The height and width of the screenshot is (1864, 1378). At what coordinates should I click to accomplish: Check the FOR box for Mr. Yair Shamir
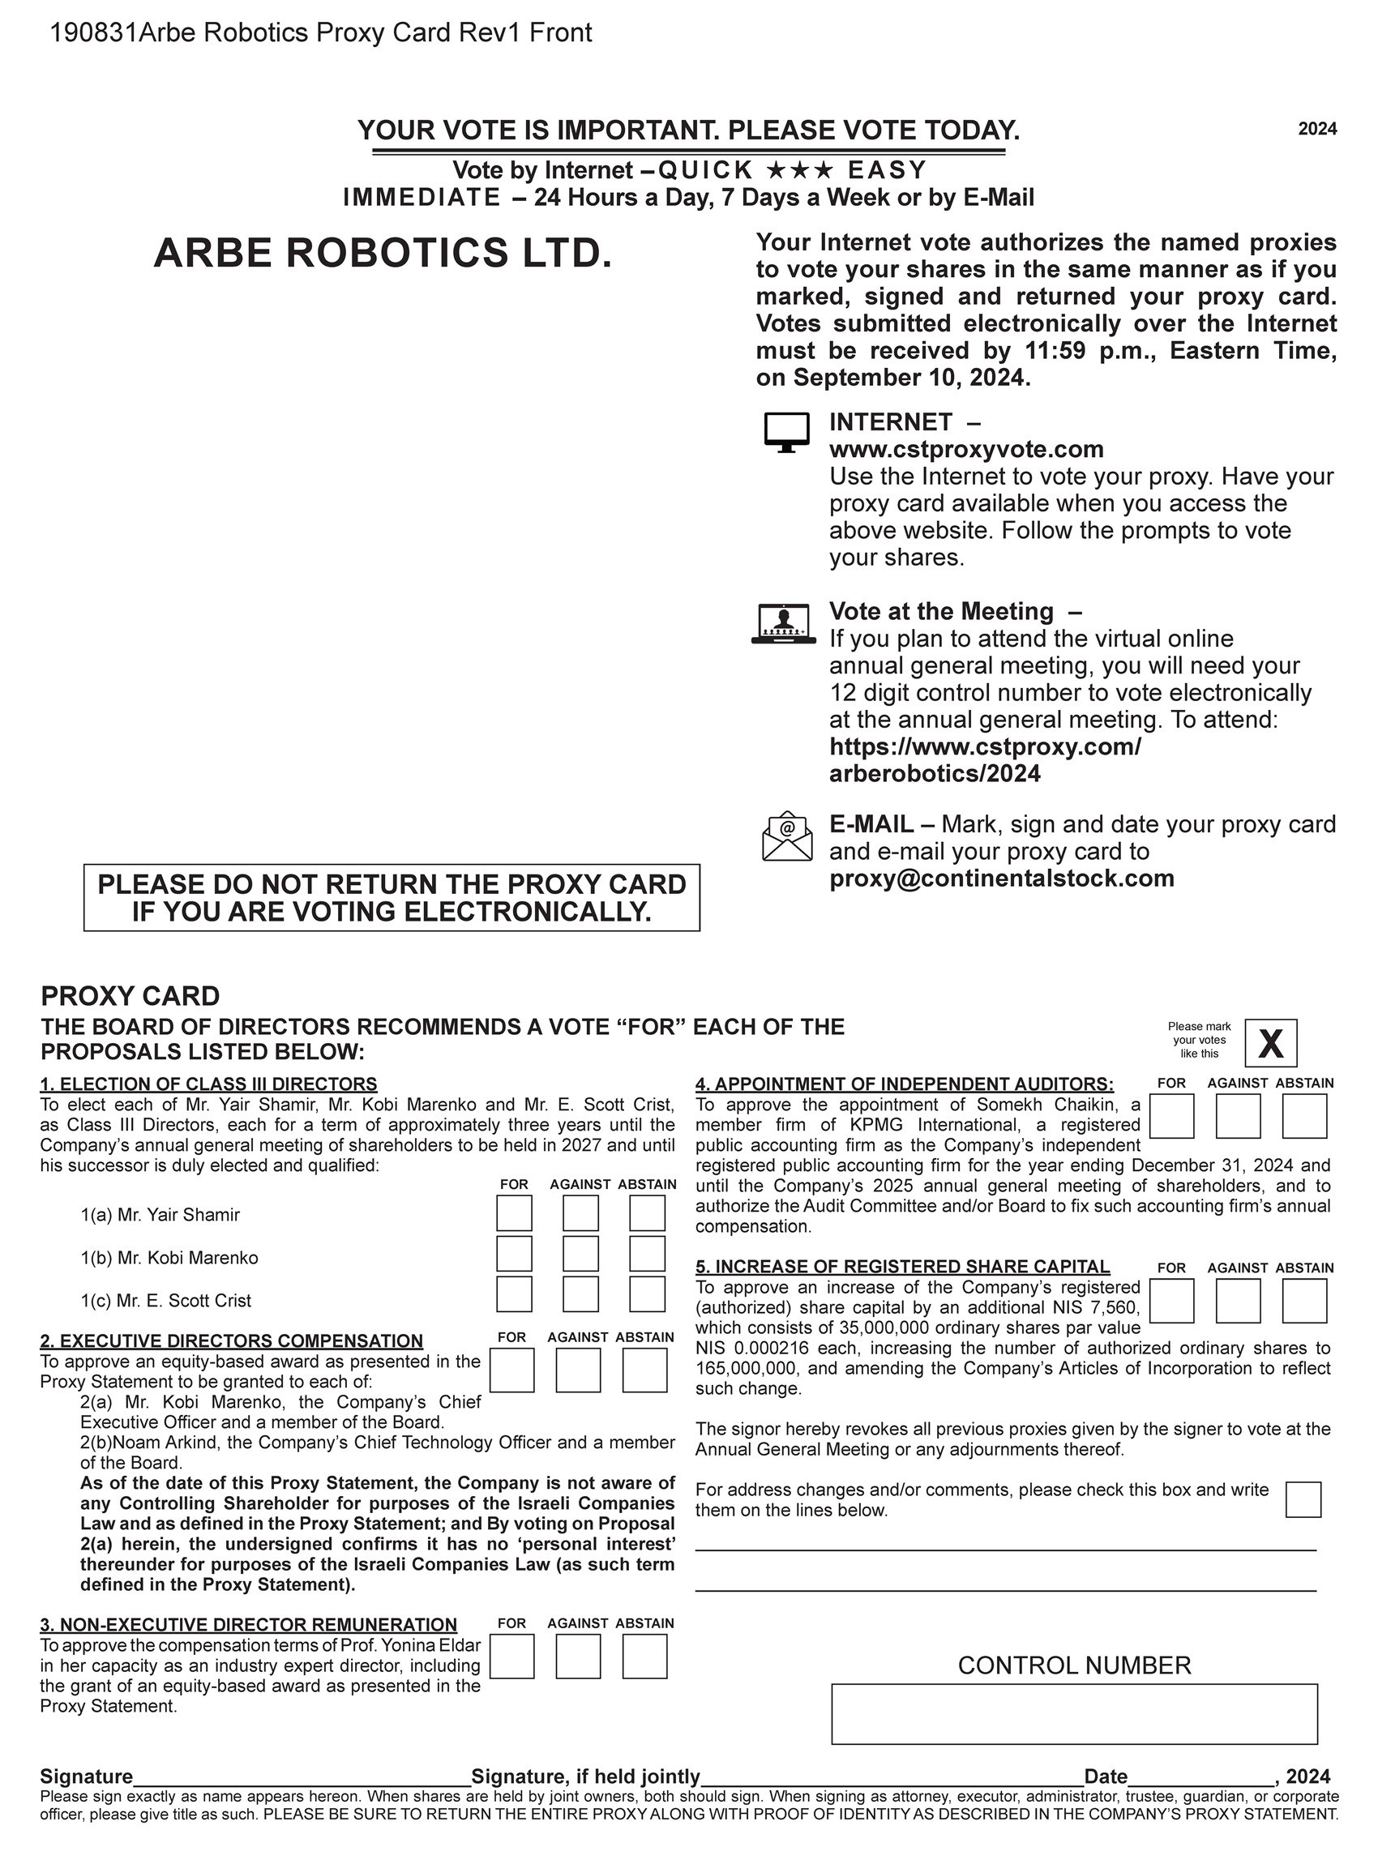click(514, 1212)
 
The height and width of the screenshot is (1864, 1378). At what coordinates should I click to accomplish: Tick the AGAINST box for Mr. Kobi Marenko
click(580, 1254)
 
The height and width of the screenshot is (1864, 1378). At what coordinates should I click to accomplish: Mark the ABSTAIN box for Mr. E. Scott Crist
click(647, 1294)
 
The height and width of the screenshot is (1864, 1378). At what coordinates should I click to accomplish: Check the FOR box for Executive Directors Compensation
click(511, 1370)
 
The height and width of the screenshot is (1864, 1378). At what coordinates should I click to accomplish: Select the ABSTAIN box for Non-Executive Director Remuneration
click(644, 1656)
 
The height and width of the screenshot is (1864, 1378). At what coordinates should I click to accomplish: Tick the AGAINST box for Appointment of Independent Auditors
click(1238, 1116)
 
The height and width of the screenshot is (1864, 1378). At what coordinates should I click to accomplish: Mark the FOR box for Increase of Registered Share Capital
click(1171, 1301)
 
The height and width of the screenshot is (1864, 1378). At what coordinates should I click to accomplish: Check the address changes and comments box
click(1303, 1498)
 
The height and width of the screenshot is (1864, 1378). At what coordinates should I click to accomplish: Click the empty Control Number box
click(1074, 1714)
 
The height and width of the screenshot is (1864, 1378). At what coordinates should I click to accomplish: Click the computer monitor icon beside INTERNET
click(786, 432)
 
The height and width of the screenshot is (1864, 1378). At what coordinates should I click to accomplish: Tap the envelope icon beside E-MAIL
click(786, 836)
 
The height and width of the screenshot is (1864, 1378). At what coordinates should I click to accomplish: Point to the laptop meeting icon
click(783, 624)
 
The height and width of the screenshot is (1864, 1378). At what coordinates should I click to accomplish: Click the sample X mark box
click(1270, 1042)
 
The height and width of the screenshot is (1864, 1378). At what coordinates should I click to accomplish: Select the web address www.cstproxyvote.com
click(966, 450)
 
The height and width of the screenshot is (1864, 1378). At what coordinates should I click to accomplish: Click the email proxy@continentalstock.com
click(1001, 879)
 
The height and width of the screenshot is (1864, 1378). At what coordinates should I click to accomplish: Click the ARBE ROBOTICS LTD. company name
click(383, 253)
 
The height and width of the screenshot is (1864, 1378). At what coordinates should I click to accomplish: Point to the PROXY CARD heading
click(131, 996)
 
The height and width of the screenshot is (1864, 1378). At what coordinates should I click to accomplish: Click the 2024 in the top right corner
click(1317, 128)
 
